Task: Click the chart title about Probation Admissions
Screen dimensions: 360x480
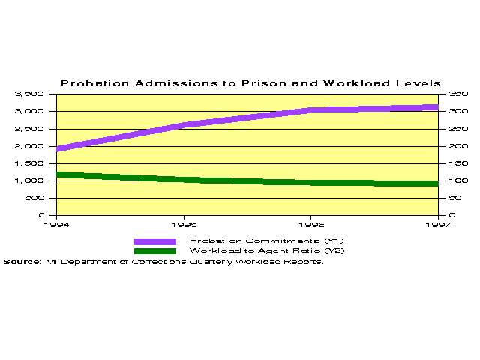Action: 250,82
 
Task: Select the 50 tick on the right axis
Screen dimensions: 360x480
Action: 454,198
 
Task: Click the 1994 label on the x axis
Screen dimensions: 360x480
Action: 57,224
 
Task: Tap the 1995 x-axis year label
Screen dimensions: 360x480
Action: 184,224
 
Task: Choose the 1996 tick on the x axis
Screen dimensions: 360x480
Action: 311,224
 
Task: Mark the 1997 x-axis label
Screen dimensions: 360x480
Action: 437,224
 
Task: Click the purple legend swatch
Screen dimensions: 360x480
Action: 154,241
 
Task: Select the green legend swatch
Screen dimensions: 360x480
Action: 154,250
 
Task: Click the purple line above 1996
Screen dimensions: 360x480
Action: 311,110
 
